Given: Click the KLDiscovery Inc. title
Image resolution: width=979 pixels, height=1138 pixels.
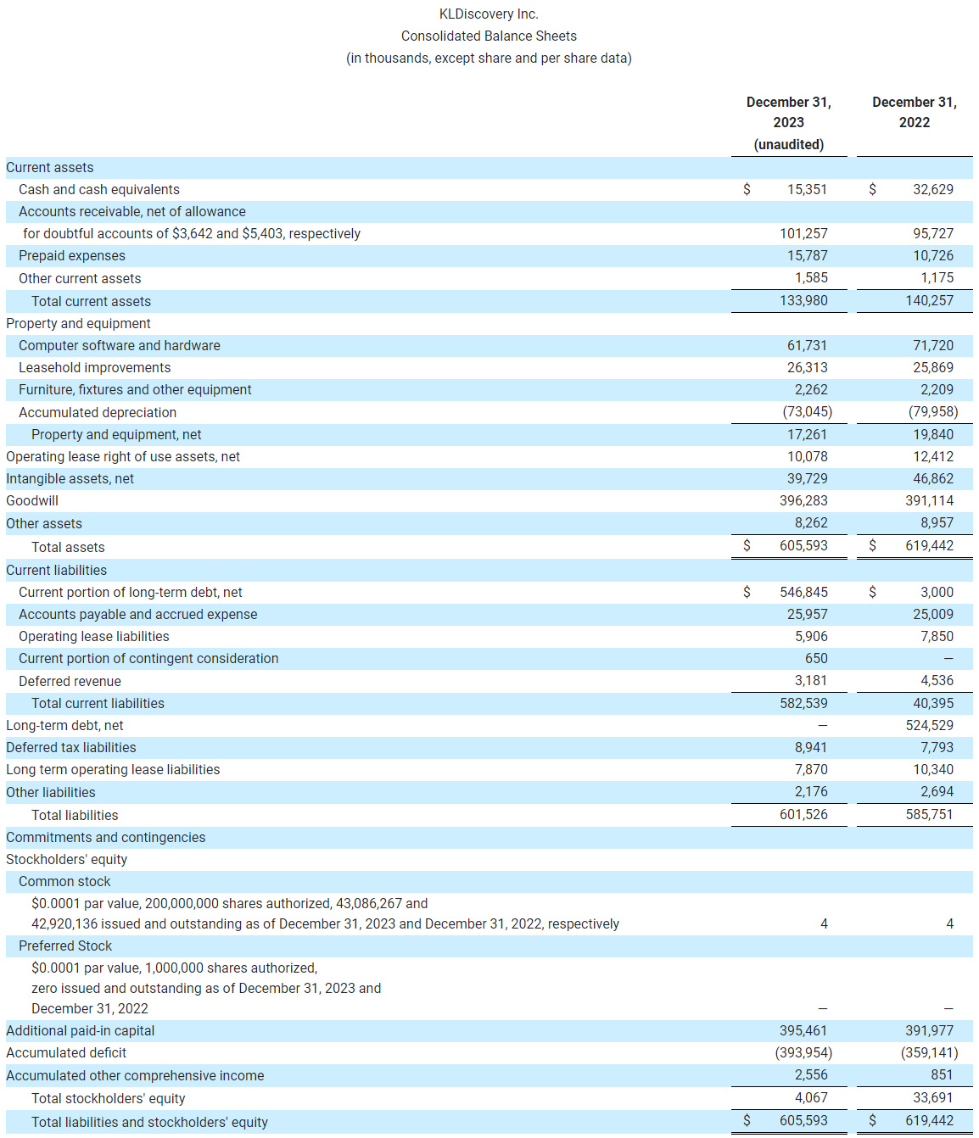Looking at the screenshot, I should tap(489, 14).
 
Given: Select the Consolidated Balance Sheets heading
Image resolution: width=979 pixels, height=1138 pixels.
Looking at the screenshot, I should tap(489, 36).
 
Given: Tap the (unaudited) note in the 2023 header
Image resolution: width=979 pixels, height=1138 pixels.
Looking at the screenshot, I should tap(788, 144).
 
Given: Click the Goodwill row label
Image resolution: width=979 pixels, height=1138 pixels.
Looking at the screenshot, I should tap(32, 500).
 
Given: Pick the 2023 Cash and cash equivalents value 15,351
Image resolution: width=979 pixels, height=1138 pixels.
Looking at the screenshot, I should tap(806, 189).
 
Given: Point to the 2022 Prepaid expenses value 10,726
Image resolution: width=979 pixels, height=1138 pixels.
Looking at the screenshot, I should tap(932, 255).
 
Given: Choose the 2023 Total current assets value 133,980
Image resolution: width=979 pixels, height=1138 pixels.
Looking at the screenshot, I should tap(803, 300).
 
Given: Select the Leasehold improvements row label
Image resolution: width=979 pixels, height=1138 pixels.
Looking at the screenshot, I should tap(94, 367).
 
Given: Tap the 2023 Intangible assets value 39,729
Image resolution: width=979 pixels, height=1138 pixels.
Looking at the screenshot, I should tap(806, 478).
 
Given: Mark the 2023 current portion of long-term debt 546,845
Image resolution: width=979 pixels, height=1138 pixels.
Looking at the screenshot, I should tap(803, 592).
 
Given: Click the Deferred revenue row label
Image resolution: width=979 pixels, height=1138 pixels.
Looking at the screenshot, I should tap(70, 681).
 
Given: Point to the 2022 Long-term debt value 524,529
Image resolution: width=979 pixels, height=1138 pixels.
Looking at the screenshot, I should tap(929, 725).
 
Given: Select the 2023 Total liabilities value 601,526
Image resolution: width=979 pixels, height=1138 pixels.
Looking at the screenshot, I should tap(803, 814).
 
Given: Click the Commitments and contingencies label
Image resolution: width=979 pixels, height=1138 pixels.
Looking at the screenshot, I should tap(105, 837).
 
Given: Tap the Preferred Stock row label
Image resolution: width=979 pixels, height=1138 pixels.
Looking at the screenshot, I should tap(65, 946).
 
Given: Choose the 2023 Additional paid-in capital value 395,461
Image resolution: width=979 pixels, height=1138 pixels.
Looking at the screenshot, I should tap(803, 1030).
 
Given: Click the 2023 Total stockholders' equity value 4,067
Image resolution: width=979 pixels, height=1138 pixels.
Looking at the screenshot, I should tap(810, 1097).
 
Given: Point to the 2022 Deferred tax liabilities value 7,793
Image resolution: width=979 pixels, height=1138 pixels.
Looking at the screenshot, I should tap(937, 747).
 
